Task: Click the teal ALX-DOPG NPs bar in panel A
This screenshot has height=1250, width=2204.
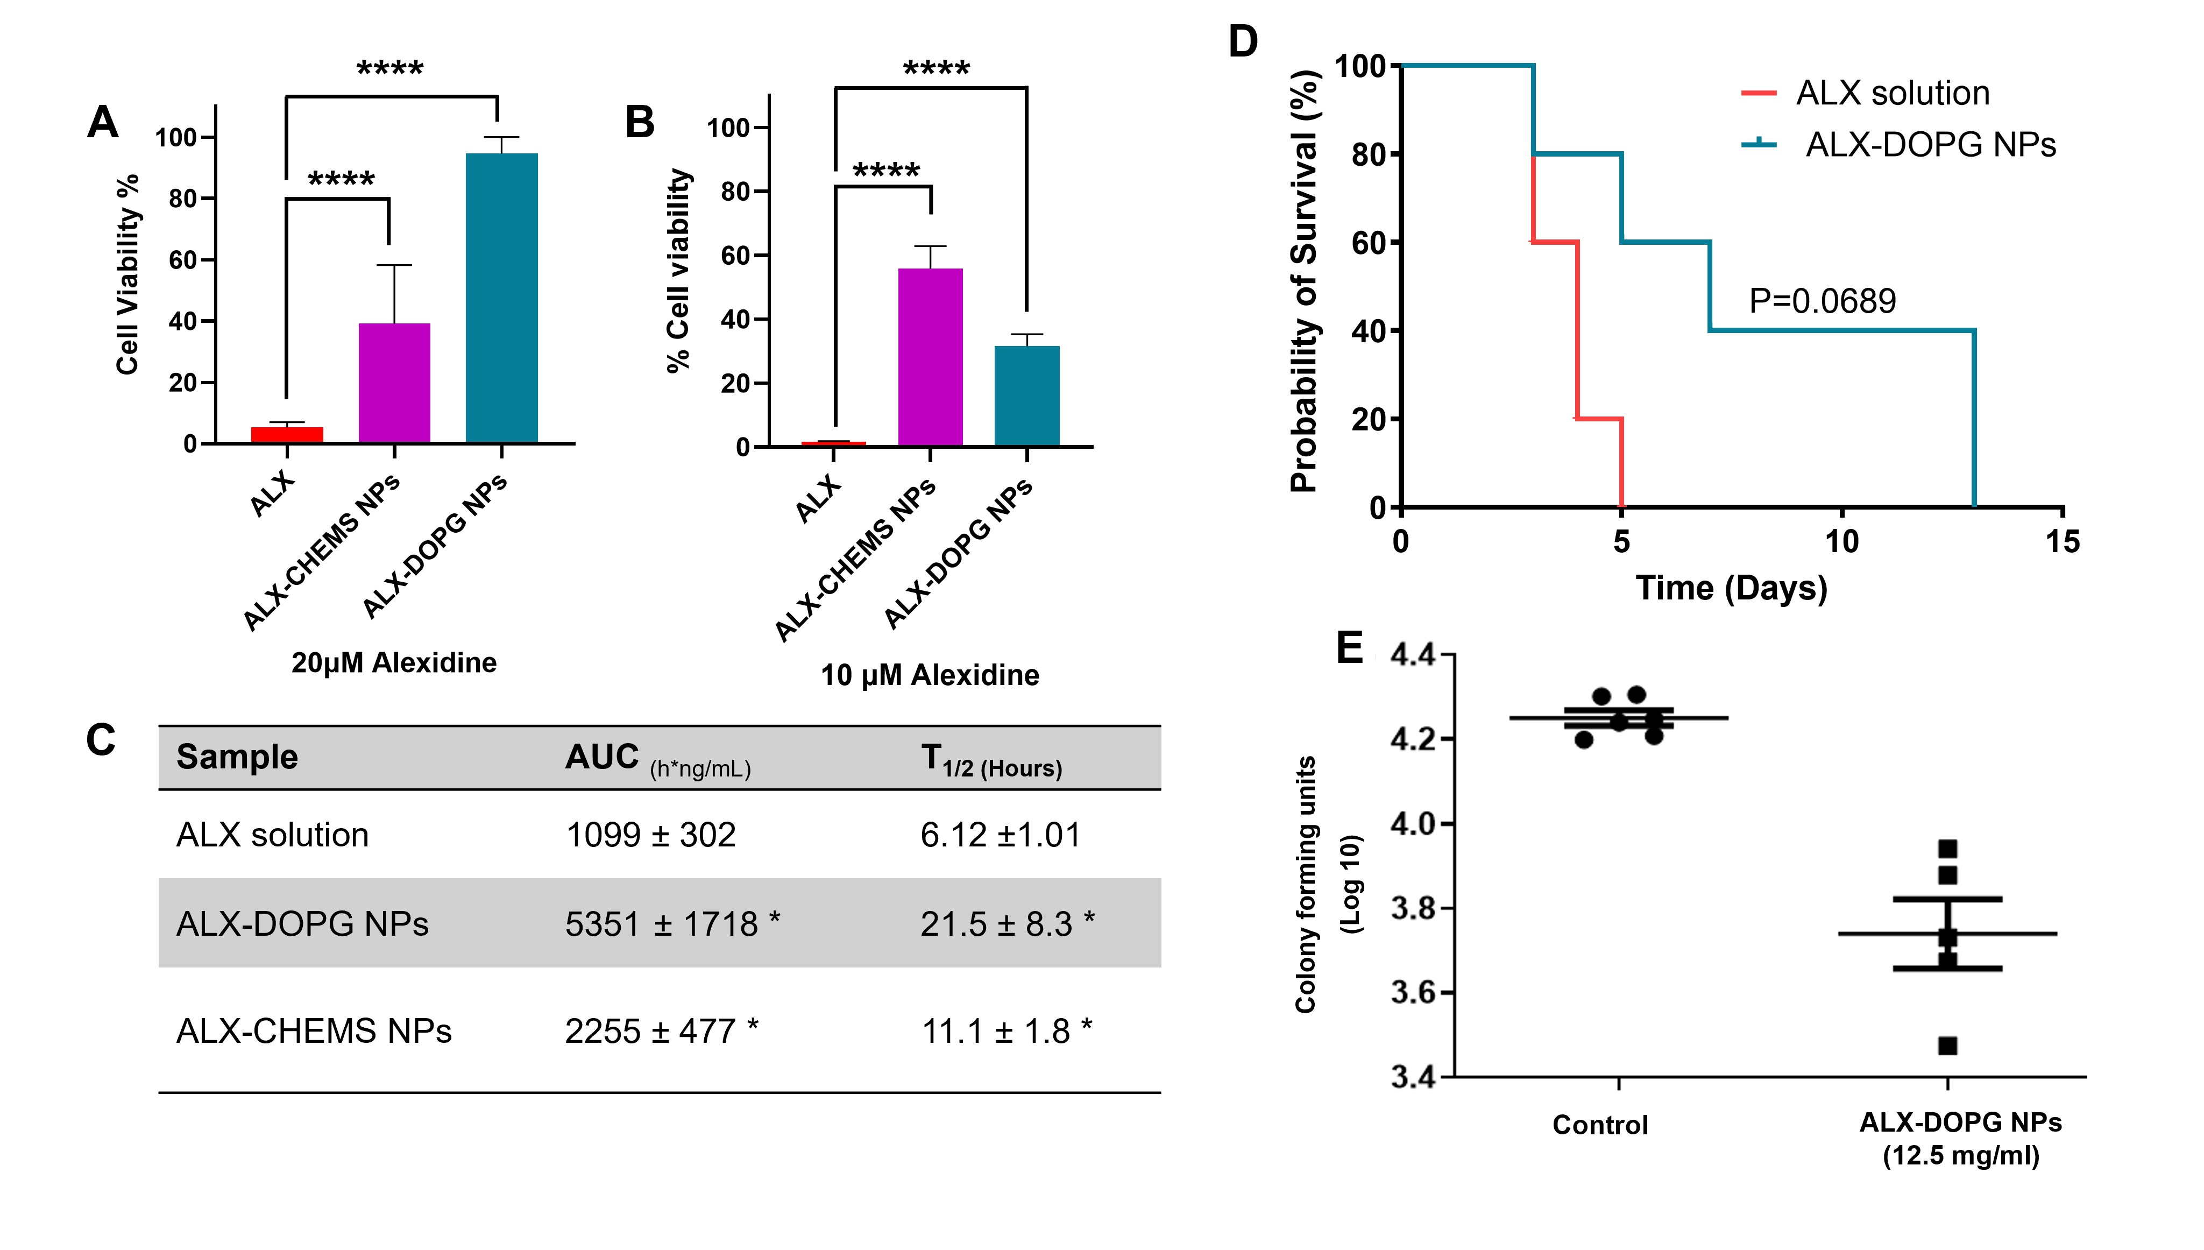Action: [501, 298]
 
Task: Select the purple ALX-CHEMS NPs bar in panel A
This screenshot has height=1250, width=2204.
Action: [394, 383]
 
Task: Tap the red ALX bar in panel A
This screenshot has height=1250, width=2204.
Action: [287, 434]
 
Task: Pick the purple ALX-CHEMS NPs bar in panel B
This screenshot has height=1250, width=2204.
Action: [930, 357]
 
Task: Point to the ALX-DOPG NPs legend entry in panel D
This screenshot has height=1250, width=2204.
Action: [1929, 144]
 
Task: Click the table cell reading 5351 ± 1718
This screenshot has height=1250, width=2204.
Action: [672, 924]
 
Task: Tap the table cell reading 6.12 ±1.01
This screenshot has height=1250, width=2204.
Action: [1000, 835]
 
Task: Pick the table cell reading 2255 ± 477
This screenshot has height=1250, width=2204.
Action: [661, 1030]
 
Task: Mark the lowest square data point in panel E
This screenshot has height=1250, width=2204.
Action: [1947, 1046]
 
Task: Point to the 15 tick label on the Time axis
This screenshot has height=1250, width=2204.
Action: [2061, 542]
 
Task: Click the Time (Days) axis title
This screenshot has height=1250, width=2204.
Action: [1731, 588]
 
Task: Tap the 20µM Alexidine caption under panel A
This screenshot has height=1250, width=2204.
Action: [394, 663]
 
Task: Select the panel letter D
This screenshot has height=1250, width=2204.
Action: [1243, 41]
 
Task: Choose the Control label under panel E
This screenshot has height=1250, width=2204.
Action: [1600, 1125]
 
